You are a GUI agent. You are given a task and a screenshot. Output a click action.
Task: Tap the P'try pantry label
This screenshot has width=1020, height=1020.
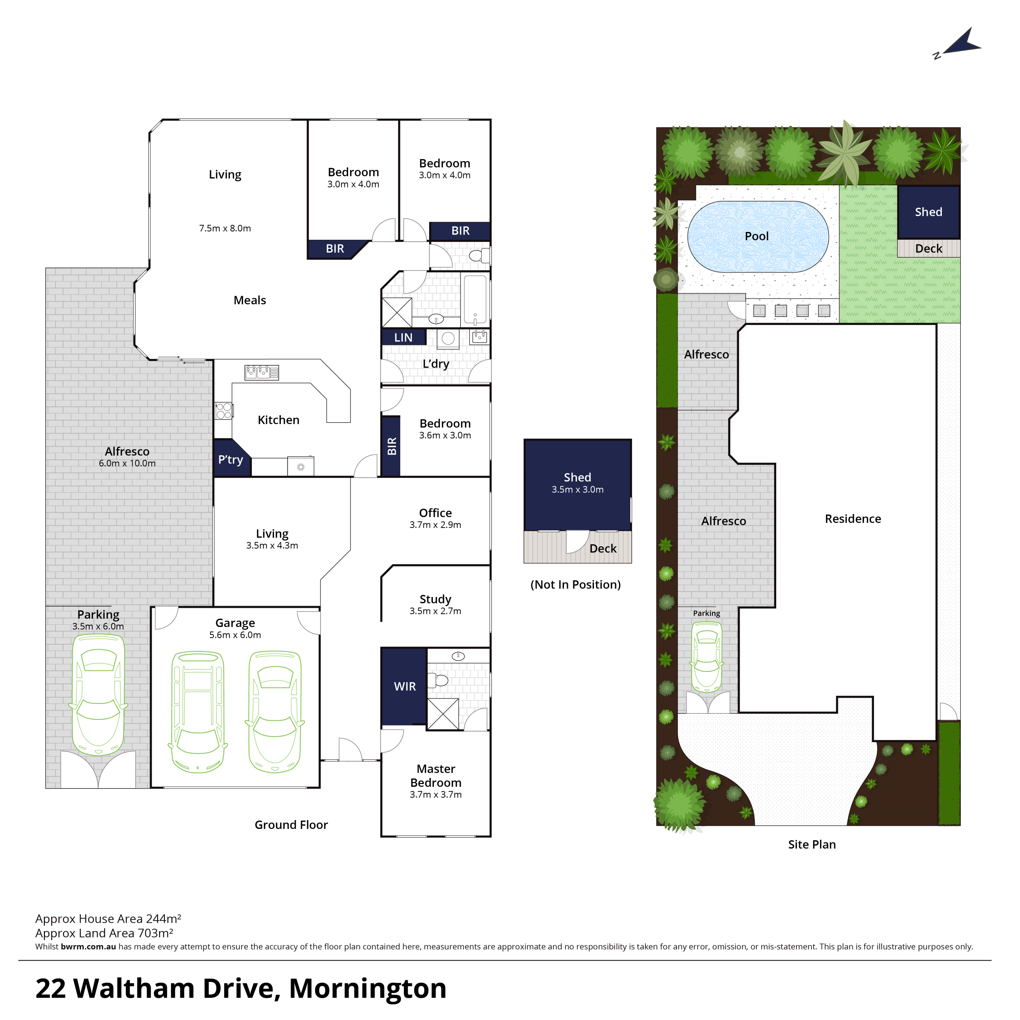click(231, 460)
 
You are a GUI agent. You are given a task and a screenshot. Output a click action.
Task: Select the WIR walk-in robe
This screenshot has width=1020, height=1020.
click(404, 686)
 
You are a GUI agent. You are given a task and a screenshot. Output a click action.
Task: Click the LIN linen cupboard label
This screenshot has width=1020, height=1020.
click(403, 337)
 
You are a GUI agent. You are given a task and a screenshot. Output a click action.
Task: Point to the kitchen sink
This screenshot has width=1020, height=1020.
click(262, 372)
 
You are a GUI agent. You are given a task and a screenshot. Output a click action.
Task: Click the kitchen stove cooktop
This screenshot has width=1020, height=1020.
click(223, 411)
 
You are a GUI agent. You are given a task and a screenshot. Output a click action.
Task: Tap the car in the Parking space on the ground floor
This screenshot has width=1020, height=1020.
click(98, 694)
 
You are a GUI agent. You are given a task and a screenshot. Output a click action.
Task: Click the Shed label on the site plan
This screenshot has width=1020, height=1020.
click(928, 212)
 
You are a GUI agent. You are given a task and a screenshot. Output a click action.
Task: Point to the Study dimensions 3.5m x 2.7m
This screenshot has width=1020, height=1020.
click(435, 611)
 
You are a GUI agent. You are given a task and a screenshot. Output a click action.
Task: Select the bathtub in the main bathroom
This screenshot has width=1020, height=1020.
click(475, 300)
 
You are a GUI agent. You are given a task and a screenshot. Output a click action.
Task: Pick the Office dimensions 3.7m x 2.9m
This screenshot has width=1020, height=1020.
click(435, 525)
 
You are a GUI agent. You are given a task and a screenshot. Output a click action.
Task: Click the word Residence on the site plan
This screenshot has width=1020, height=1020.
click(853, 519)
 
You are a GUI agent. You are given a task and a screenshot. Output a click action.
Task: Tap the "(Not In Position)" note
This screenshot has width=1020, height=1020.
click(576, 584)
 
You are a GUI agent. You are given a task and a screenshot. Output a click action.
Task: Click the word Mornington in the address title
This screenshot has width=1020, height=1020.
click(368, 988)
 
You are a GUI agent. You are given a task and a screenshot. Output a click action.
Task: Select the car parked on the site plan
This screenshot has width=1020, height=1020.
click(707, 657)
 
